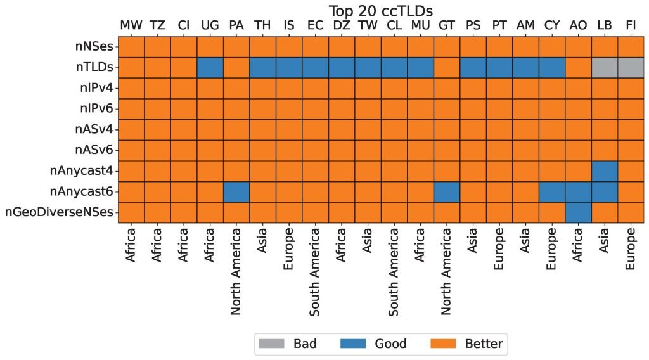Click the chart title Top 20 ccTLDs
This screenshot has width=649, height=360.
380,11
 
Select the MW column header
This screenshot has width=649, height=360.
131,25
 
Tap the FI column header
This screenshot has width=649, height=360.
631,25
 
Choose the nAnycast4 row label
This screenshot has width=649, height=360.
81,171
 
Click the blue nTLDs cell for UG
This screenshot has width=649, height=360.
210,68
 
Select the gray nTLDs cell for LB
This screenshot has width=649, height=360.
604,68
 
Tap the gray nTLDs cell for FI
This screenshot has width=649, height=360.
631,68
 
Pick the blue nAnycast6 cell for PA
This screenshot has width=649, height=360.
236,192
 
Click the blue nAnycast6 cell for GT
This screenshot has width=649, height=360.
447,192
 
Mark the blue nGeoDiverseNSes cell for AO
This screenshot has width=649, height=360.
578,212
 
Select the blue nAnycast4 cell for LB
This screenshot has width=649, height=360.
604,171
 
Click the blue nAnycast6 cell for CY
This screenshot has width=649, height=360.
551,192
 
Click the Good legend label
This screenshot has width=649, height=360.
390,344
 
